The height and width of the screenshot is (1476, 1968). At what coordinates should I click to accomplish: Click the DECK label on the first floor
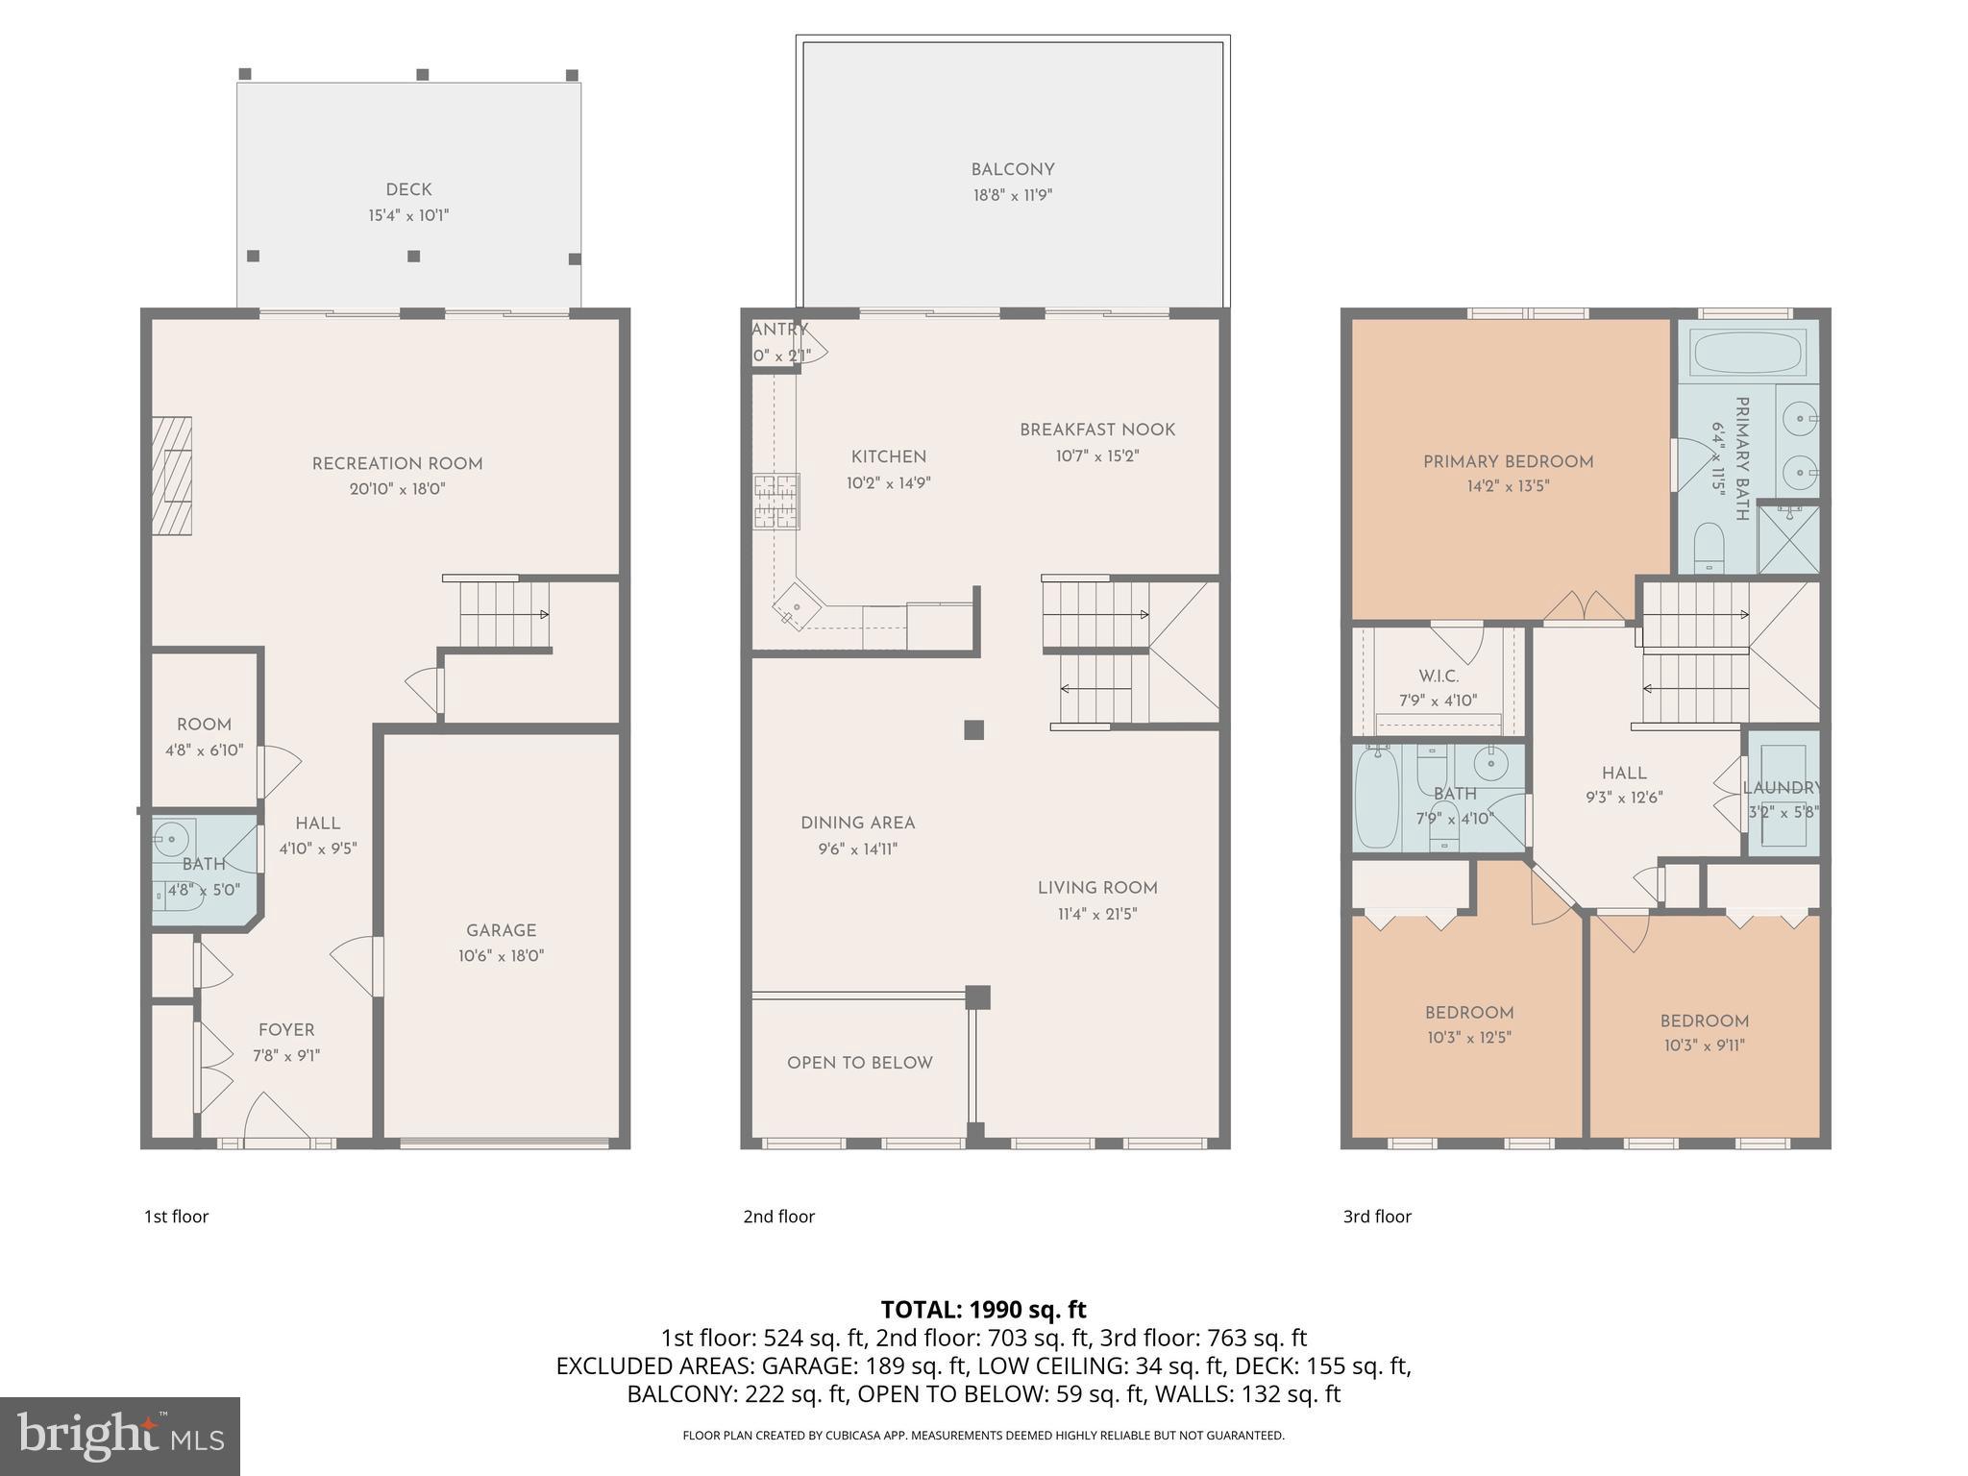(408, 190)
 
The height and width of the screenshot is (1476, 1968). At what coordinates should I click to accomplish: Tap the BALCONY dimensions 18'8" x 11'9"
(1012, 195)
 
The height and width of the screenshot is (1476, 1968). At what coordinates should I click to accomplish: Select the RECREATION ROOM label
(397, 464)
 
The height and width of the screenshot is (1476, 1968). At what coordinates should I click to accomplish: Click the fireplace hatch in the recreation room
(172, 476)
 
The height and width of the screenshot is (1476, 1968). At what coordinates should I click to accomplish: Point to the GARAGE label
(501, 930)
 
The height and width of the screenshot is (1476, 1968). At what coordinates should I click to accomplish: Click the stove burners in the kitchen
(776, 501)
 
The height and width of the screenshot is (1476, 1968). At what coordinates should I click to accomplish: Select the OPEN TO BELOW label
(859, 1063)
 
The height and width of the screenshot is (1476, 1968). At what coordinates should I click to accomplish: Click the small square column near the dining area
(973, 730)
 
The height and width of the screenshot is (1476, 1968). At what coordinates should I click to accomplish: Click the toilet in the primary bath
(1708, 546)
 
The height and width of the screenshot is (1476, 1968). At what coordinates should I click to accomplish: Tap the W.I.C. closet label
(1439, 676)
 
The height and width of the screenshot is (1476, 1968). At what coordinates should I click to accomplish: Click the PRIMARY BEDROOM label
(1508, 462)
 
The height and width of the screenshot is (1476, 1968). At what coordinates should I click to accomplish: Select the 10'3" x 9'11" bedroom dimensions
(1704, 1046)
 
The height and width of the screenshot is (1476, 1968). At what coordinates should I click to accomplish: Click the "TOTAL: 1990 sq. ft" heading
(983, 1310)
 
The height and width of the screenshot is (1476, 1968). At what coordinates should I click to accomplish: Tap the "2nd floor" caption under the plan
(778, 1217)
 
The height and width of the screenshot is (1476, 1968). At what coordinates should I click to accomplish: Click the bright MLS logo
(120, 1436)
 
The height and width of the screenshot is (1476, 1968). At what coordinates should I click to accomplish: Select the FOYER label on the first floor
(286, 1030)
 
